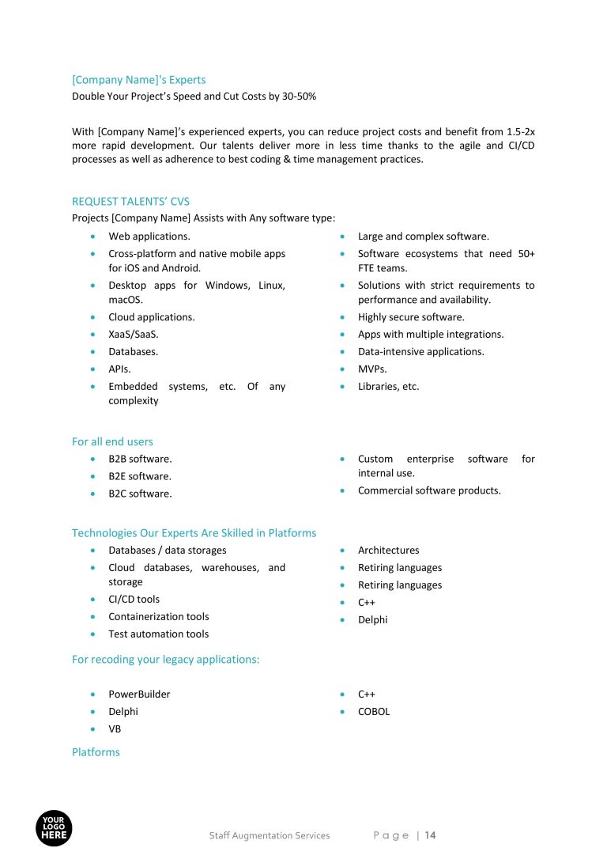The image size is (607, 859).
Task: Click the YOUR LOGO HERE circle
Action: [54, 827]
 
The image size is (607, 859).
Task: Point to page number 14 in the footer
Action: [431, 835]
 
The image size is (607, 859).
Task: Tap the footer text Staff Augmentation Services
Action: [270, 835]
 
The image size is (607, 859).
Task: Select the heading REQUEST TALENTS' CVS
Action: [130, 202]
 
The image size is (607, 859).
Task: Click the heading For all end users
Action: [112, 441]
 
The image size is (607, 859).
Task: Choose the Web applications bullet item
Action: [149, 236]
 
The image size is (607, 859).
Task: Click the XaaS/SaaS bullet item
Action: [134, 334]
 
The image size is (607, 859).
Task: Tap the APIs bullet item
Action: [119, 369]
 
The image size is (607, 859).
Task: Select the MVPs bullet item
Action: [372, 369]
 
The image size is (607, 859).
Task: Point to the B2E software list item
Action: [140, 476]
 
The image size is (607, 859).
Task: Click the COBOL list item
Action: [374, 711]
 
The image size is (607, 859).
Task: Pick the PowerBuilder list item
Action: [139, 694]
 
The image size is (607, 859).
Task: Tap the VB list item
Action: [115, 728]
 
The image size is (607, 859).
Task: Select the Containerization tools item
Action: [159, 616]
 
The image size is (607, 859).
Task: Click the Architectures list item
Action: [389, 550]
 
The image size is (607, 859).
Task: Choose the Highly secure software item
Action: [411, 316]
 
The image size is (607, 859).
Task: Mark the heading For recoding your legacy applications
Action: [165, 658]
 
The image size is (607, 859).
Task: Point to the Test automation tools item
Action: [159, 634]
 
